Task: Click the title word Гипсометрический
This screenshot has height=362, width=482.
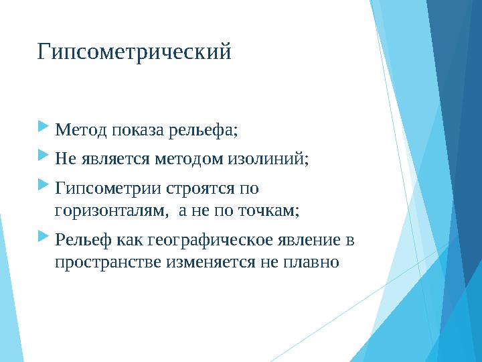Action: click(134, 52)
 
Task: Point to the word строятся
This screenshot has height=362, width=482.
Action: click(186, 190)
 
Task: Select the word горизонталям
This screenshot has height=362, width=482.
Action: click(110, 211)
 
